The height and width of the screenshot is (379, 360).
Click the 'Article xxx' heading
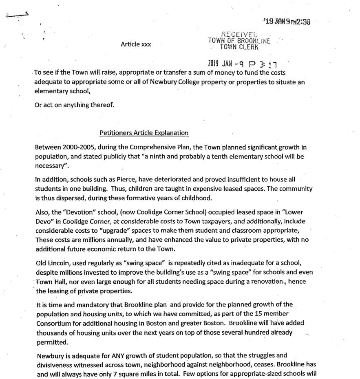(136, 44)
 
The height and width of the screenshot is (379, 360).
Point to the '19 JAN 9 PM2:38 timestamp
(287, 22)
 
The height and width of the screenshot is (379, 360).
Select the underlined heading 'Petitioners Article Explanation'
(144, 133)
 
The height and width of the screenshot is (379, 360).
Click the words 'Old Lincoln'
(51, 263)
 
